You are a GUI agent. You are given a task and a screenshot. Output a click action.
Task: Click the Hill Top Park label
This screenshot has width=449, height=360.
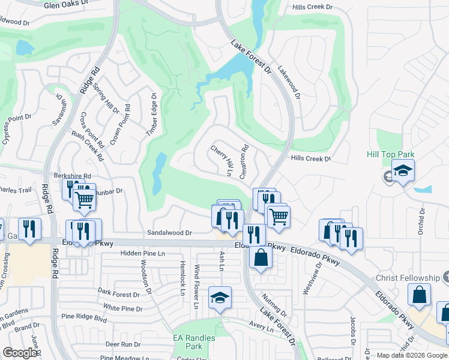point(390,154)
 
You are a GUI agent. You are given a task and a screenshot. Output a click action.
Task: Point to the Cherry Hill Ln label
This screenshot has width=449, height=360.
point(221,160)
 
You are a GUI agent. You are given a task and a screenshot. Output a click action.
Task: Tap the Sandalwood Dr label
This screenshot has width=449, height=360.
point(170,233)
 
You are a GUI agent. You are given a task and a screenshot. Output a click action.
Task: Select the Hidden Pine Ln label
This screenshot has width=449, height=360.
point(142,254)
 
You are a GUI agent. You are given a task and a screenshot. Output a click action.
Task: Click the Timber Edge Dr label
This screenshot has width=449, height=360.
point(151,118)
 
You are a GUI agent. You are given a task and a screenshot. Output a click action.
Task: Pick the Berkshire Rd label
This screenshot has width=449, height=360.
point(71,176)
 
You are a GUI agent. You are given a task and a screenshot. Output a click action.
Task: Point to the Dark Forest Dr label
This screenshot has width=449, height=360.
point(119,294)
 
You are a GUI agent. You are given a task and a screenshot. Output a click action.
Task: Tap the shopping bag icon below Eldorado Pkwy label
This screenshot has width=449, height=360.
point(261,257)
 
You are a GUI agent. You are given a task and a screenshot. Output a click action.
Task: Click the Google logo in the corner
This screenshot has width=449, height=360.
point(20,353)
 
